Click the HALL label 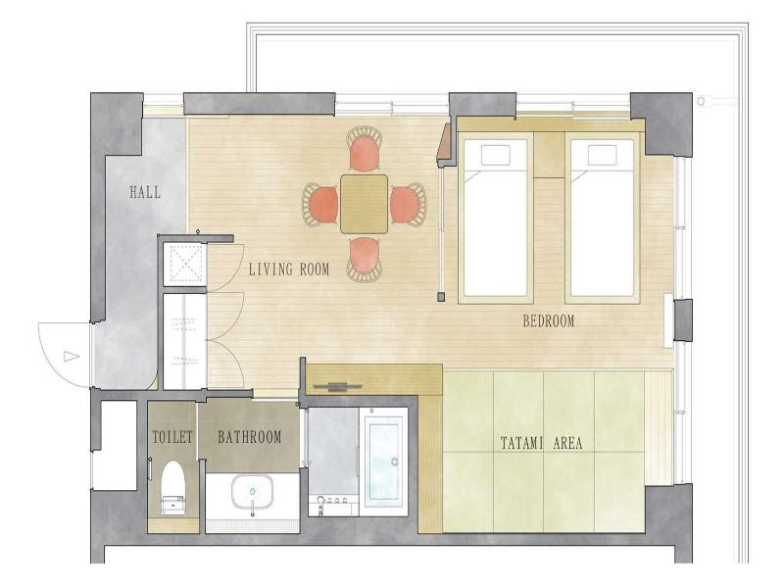145,192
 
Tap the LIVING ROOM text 289,269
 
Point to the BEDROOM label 549,321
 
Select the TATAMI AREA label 542,443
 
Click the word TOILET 172,437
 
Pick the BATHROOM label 250,437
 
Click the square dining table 364,204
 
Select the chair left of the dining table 320,205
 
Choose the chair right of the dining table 408,205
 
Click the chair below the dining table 365,260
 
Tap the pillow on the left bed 496,155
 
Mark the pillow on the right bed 602,155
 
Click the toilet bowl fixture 173,487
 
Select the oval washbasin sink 253,490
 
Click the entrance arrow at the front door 72,357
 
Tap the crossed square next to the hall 184,265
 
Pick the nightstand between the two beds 549,155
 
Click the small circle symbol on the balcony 701,102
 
